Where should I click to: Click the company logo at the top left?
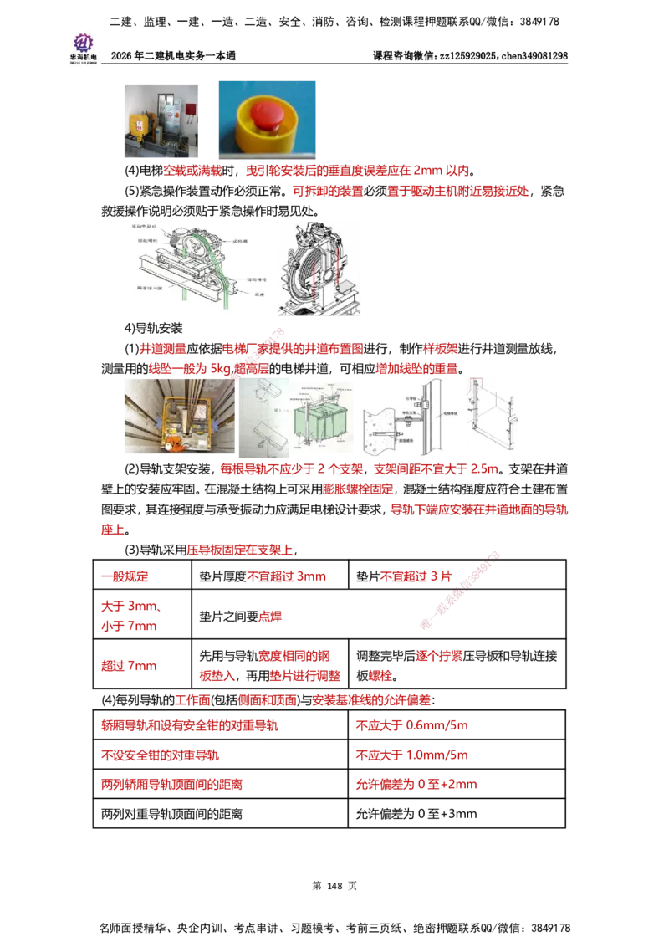coord(83,47)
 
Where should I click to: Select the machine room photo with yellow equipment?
coord(160,120)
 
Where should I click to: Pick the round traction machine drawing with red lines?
coord(319,269)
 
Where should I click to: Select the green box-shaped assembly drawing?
coord(322,418)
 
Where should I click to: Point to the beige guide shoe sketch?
coord(263,415)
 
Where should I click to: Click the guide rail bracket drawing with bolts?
coord(407,416)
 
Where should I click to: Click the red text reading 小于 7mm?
coord(129,626)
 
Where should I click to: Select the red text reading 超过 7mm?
coord(129,667)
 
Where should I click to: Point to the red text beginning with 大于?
coord(129,606)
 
